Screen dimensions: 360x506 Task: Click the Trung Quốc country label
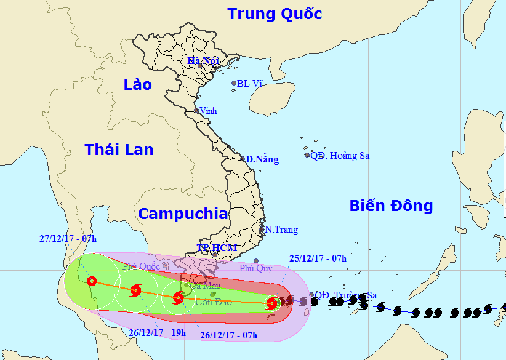click(x=275, y=14)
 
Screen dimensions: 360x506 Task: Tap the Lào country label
click(x=137, y=84)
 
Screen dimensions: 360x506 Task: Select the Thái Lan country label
click(x=119, y=149)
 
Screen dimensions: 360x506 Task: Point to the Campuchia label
click(x=182, y=214)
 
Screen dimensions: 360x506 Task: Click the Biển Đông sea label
click(x=391, y=206)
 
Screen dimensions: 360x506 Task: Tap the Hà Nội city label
click(x=203, y=61)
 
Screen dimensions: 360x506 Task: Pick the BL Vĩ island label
click(x=250, y=83)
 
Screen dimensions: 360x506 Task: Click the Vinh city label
click(x=208, y=111)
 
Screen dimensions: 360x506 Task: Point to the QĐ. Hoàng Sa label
click(x=340, y=156)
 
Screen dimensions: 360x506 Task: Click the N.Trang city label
click(x=281, y=230)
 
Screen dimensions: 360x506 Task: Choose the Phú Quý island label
click(x=255, y=268)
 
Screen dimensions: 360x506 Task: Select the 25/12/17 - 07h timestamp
click(x=318, y=258)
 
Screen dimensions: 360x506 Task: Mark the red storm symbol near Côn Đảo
click(x=178, y=298)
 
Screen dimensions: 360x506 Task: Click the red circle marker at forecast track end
click(x=92, y=282)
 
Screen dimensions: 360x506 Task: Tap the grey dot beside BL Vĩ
click(x=234, y=83)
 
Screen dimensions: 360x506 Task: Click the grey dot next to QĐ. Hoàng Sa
click(x=307, y=155)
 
